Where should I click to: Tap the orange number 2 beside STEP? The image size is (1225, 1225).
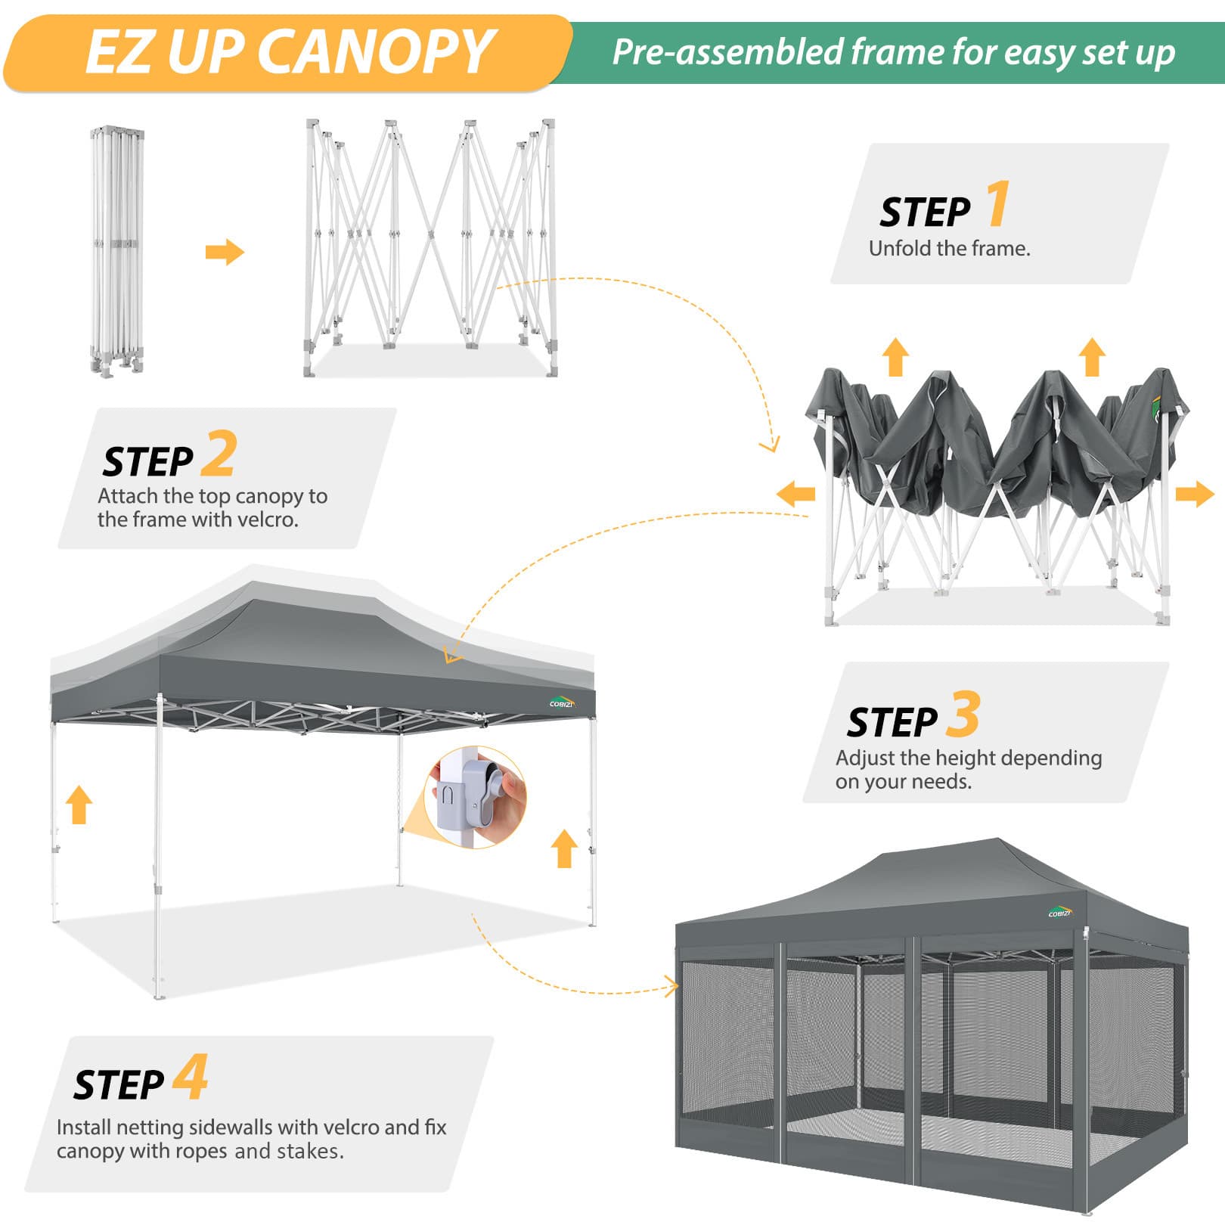click(x=219, y=453)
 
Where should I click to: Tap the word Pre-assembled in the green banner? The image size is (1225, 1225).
click(x=727, y=52)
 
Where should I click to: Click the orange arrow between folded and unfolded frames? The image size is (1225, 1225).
click(x=225, y=252)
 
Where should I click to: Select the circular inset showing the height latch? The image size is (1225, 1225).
click(x=476, y=797)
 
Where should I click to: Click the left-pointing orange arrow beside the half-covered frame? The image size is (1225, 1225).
click(x=795, y=494)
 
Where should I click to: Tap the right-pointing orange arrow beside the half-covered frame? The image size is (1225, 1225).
click(x=1195, y=495)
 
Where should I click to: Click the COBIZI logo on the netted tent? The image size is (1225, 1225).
click(x=1060, y=911)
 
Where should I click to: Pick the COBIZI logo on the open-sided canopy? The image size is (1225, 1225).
click(x=562, y=702)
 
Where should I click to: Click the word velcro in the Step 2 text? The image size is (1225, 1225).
click(x=266, y=519)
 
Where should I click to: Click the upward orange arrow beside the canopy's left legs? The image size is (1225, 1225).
click(x=79, y=804)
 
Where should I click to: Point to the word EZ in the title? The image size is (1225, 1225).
click(x=120, y=51)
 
